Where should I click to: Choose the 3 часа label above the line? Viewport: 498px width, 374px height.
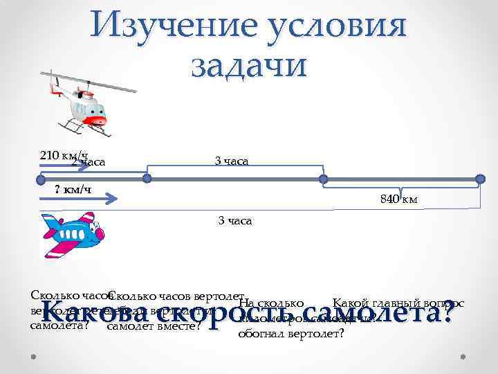pos(232,161)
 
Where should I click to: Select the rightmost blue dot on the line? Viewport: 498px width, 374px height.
pos(481,179)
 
